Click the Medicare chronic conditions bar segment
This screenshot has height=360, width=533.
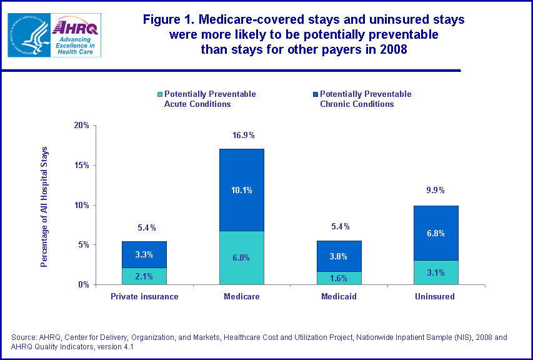pyautogui.click(x=242, y=190)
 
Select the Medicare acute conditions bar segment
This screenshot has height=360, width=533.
pyautogui.click(x=242, y=257)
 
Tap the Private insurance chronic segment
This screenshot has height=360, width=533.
pyautogui.click(x=144, y=254)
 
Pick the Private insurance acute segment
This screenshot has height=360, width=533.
pyautogui.click(x=144, y=276)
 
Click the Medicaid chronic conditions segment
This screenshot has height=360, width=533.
pyautogui.click(x=339, y=256)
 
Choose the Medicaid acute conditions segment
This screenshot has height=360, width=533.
pyautogui.click(x=339, y=278)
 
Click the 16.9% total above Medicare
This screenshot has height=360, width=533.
pyautogui.click(x=242, y=135)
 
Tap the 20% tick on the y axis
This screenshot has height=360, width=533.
pyautogui.click(x=81, y=126)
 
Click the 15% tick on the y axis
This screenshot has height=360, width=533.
pyautogui.click(x=81, y=166)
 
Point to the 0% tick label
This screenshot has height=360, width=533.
pyautogui.click(x=84, y=285)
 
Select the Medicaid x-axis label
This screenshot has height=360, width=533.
pyautogui.click(x=339, y=297)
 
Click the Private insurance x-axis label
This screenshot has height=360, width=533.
pyautogui.click(x=144, y=297)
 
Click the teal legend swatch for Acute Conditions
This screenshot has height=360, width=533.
pyautogui.click(x=160, y=94)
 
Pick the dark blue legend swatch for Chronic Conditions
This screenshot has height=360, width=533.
pyautogui.click(x=316, y=94)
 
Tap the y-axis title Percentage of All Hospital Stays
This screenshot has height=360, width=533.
pyautogui.click(x=44, y=207)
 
